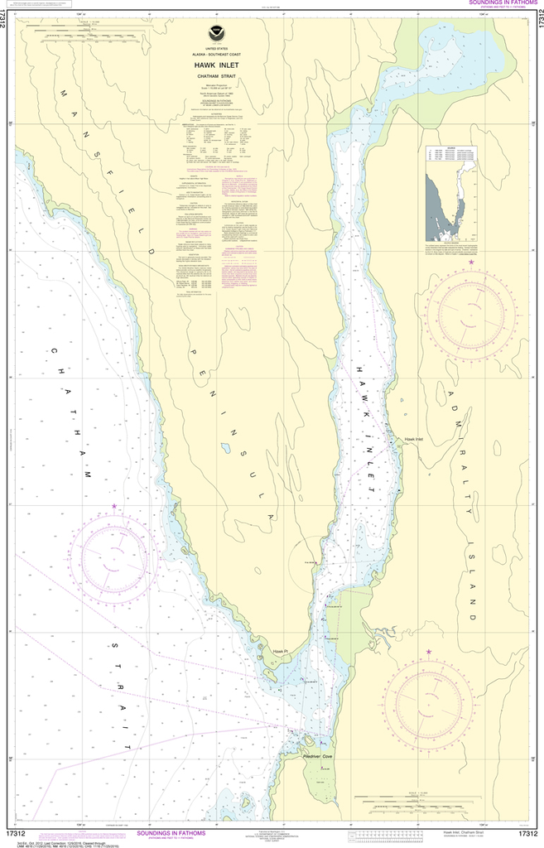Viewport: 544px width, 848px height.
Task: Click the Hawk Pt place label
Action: [281, 652]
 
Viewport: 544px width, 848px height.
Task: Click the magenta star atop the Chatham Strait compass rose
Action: [114, 505]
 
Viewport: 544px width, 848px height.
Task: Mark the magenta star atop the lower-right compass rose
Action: [428, 653]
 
